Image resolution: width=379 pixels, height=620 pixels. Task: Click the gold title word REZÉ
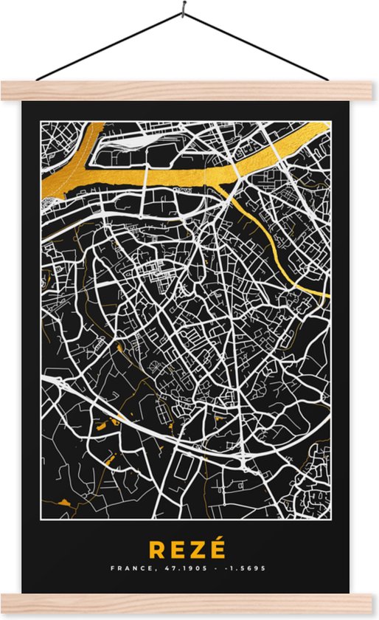pos(188,550)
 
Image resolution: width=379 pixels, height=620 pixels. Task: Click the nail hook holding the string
pos(182,13)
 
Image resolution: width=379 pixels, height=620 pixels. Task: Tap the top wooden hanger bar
pos(189,91)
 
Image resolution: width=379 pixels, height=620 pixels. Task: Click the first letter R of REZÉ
pos(158,551)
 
